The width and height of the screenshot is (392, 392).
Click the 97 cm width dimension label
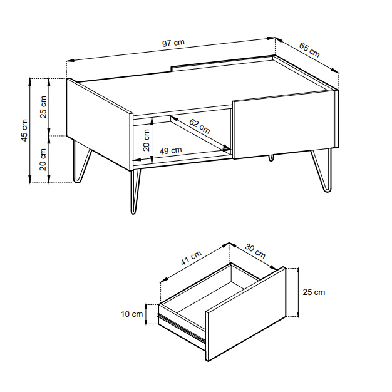coord(173,43)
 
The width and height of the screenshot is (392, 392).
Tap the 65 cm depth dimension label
coord(309,50)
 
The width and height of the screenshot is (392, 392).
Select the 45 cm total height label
coord(24,130)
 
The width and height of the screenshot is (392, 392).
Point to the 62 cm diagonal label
coord(199,126)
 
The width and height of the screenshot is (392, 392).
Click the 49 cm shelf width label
coord(170,150)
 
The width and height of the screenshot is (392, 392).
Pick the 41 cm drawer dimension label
coord(191,258)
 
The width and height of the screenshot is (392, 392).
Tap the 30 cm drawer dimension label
coord(255,250)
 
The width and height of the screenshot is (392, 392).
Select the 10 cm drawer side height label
coord(132,314)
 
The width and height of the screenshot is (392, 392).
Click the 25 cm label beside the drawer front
coord(314,292)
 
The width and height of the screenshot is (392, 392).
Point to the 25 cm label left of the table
coord(43,106)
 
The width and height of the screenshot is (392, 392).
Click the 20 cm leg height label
coord(43,159)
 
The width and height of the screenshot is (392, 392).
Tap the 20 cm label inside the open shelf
coord(147,140)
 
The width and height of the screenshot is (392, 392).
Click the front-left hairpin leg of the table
coord(135,191)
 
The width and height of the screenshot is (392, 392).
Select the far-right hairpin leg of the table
coord(322,170)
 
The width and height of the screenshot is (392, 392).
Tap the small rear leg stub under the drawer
coord(271,158)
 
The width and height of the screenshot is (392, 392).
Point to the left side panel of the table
coord(100,125)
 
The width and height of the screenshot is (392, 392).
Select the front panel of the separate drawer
coord(245,314)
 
